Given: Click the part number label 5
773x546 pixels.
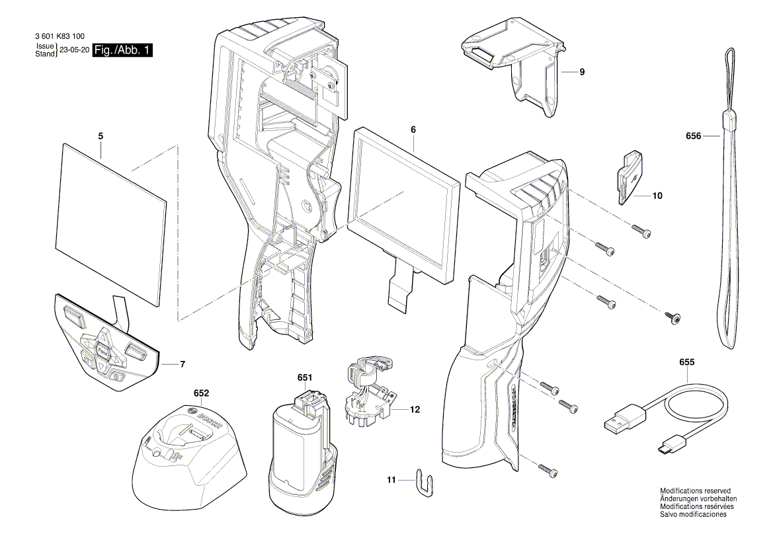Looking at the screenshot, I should pyautogui.click(x=101, y=136).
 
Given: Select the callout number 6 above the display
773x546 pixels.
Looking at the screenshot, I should pyautogui.click(x=413, y=130).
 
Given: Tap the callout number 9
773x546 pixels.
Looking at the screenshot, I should pyautogui.click(x=582, y=71).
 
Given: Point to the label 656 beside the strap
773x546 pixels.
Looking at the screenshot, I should pyautogui.click(x=693, y=136).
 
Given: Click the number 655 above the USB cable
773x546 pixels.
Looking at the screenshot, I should pyautogui.click(x=687, y=363).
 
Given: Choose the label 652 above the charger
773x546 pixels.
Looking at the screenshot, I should pyautogui.click(x=201, y=393).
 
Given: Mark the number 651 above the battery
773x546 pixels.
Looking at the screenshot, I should pyautogui.click(x=304, y=377).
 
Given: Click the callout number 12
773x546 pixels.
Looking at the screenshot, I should pyautogui.click(x=415, y=410).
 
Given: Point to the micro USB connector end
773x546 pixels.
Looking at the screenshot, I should pyautogui.click(x=664, y=449).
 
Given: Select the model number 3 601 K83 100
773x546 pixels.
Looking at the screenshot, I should pyautogui.click(x=58, y=38).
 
